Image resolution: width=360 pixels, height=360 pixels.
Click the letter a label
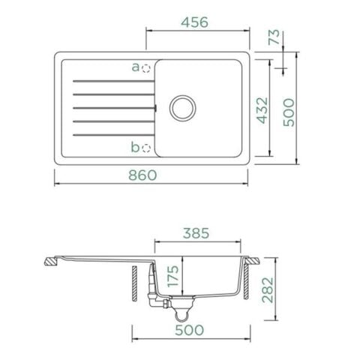pyautogui.click(x=136, y=67)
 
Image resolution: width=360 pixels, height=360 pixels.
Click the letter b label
pyautogui.click(x=135, y=147)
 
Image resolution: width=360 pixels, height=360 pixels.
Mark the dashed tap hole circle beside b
pyautogui.click(x=147, y=147)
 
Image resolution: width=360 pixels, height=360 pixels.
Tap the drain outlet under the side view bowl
pyautogui.click(x=179, y=304)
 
